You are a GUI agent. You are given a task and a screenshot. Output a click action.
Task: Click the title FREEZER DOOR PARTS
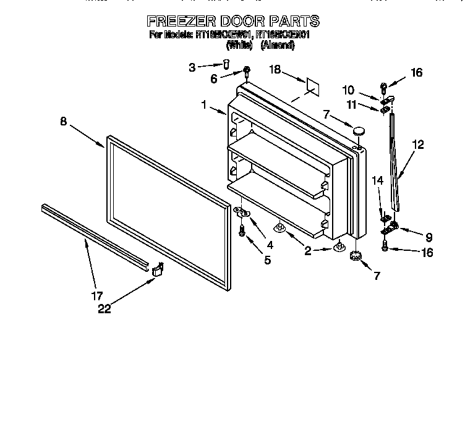[x=232, y=21]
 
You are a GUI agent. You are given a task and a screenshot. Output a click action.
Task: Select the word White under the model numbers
[x=240, y=46]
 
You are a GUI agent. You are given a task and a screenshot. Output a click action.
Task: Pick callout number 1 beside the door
[x=203, y=105]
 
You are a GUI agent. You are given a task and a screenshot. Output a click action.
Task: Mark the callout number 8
[x=63, y=122]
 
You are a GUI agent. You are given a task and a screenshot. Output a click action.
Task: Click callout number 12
[x=419, y=146]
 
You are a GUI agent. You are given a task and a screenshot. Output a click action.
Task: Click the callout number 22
[x=105, y=309]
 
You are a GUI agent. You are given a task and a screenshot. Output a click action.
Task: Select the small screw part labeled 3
[x=226, y=64]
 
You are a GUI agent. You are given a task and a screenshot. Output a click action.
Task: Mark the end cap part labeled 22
[x=158, y=268]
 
